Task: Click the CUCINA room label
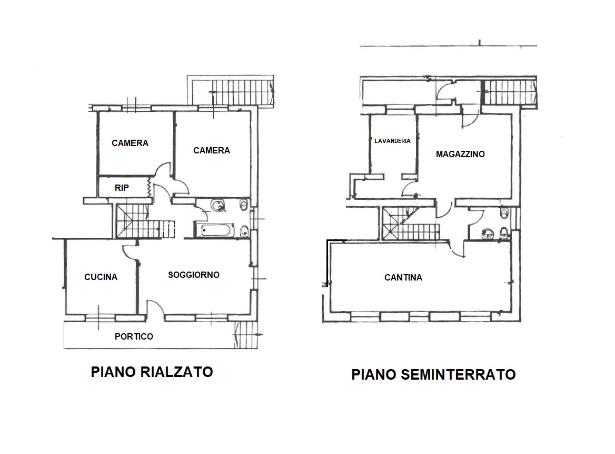(x=101, y=277)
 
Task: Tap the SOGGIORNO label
(x=194, y=275)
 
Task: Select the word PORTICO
(x=134, y=336)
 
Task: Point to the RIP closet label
(x=122, y=188)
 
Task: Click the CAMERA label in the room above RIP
(x=130, y=143)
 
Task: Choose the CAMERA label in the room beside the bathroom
(x=212, y=150)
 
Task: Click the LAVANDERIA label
(x=392, y=141)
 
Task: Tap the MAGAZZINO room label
(x=460, y=154)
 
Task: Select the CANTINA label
(x=403, y=278)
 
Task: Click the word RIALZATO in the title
(x=176, y=372)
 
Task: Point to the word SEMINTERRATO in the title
(x=458, y=375)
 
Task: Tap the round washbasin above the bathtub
(x=217, y=206)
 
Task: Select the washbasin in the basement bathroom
(x=487, y=234)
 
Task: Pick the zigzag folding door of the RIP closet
(x=148, y=187)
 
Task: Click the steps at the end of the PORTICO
(x=245, y=335)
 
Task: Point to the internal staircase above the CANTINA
(x=410, y=224)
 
